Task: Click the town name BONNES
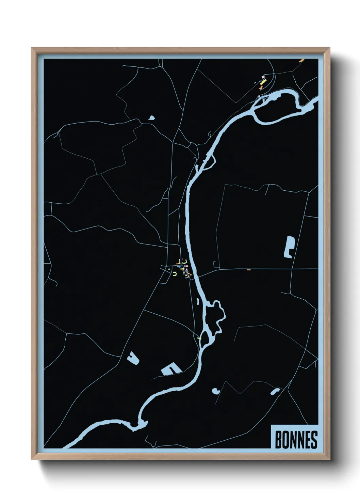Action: [x=296, y=440]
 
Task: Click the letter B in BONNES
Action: [x=278, y=440]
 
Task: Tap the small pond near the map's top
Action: [x=151, y=118]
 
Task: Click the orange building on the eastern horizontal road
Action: [x=249, y=270]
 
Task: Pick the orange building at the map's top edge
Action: [x=301, y=61]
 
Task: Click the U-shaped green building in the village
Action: [x=175, y=273]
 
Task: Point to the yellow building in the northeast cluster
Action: [x=262, y=82]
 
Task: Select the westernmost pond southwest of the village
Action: [x=133, y=358]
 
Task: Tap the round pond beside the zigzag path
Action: [x=215, y=391]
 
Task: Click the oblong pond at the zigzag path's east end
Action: [x=275, y=391]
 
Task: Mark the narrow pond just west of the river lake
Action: [x=197, y=301]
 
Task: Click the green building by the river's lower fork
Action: [x=199, y=338]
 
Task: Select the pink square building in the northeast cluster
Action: [x=263, y=78]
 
